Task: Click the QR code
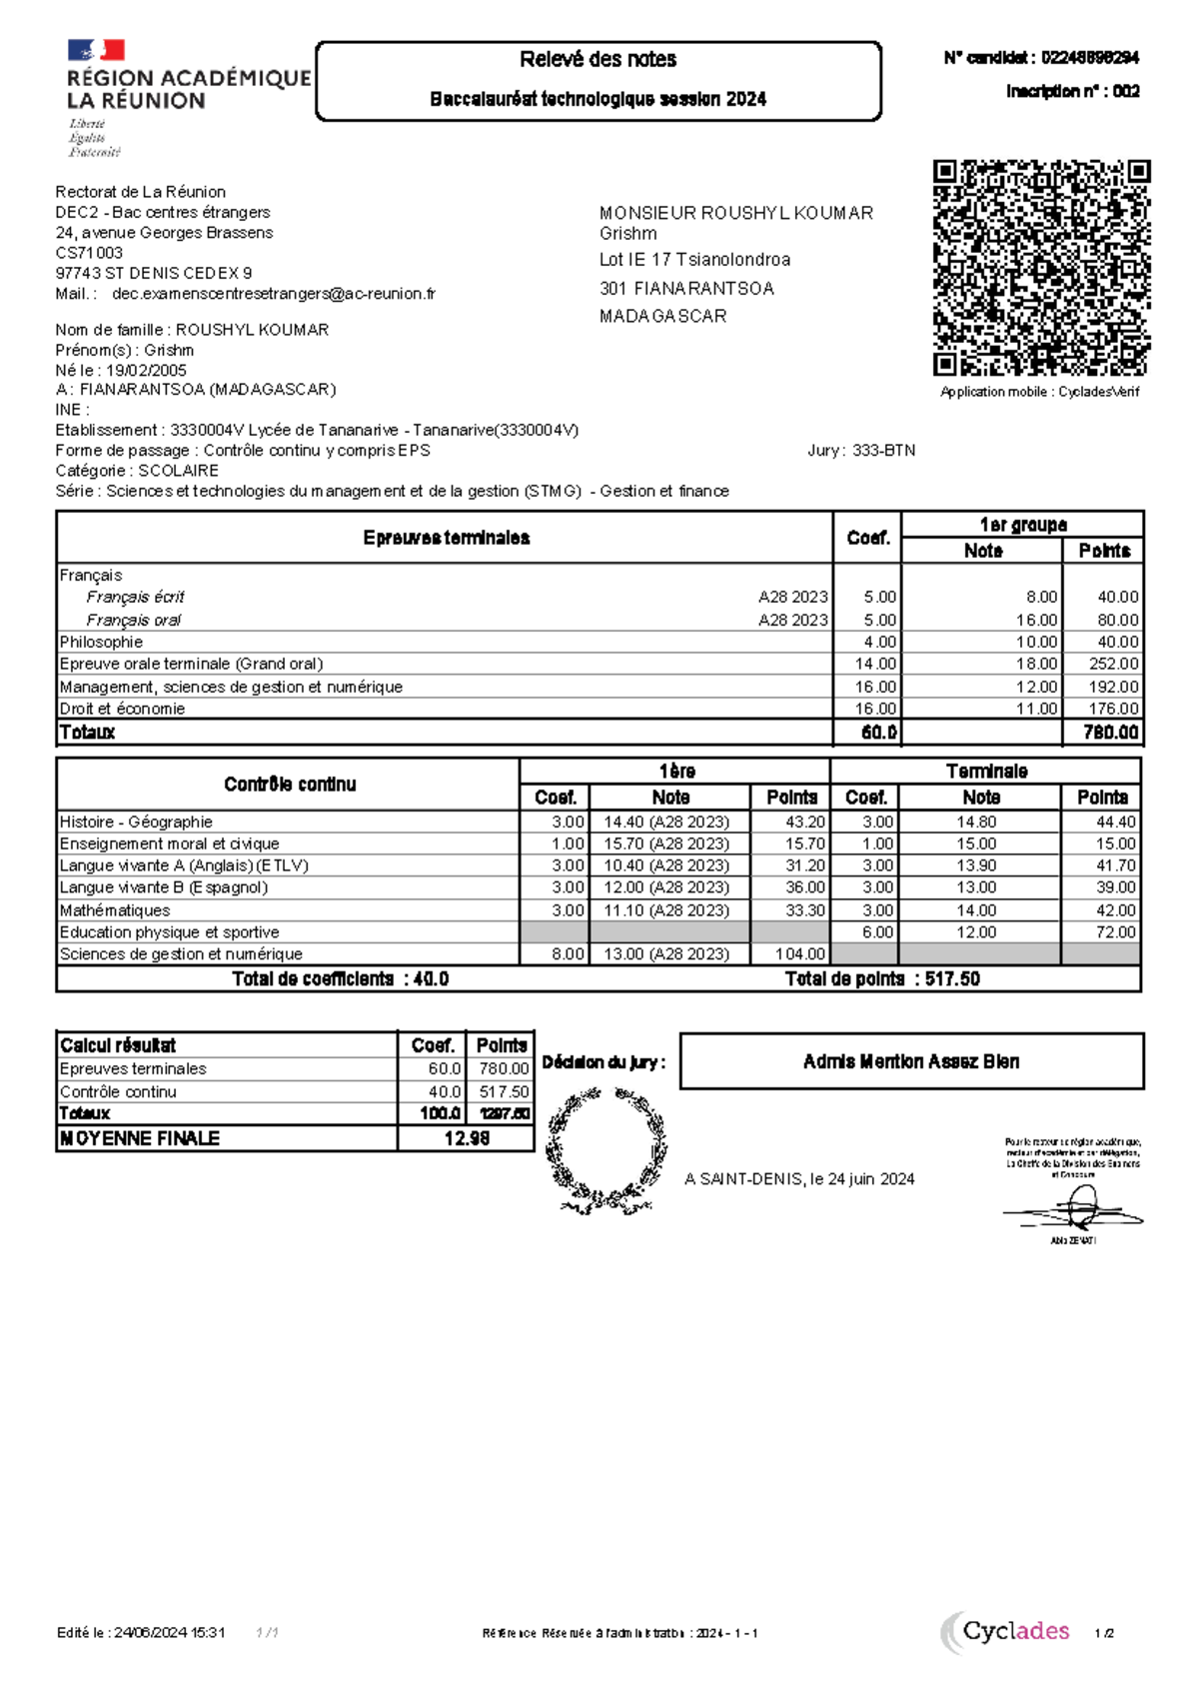tap(1041, 268)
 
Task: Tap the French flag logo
tap(96, 51)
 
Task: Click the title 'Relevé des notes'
tap(598, 60)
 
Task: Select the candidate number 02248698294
tap(1089, 58)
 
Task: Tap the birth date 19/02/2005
tap(146, 370)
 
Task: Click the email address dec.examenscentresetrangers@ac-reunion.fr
tap(274, 294)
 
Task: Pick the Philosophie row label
tap(101, 642)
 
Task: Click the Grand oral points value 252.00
tap(1113, 664)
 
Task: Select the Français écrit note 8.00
tap(1041, 597)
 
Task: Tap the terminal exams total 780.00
tap(1111, 733)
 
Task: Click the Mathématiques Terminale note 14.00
tap(976, 910)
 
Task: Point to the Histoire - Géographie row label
tap(136, 822)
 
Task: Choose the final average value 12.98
tap(467, 1138)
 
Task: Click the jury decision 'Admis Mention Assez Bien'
tap(911, 1061)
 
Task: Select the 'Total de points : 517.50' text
tap(882, 979)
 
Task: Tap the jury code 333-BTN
tap(883, 451)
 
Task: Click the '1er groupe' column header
tap(1022, 525)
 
